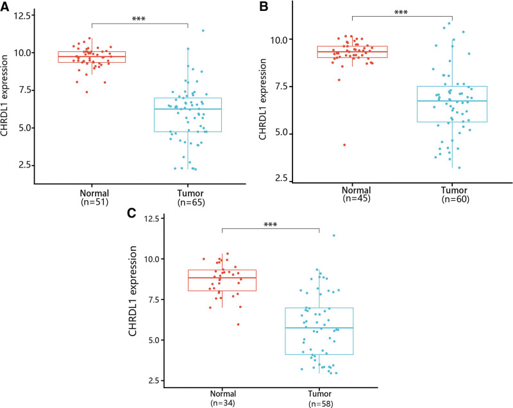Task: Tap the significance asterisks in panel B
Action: coord(401,12)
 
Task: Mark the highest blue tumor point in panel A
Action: coord(203,30)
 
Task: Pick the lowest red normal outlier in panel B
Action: coord(344,145)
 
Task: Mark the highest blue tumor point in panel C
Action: coord(334,235)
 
